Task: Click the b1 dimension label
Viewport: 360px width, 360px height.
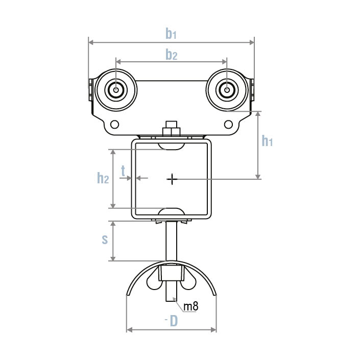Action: pyautogui.click(x=171, y=34)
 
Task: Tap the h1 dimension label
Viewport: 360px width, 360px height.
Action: pyautogui.click(x=267, y=141)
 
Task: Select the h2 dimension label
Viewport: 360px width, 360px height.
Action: pyautogui.click(x=103, y=178)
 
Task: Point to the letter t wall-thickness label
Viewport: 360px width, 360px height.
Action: pyautogui.click(x=123, y=171)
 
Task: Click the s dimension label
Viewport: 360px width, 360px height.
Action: pyautogui.click(x=105, y=240)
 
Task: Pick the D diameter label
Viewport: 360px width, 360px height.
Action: pyautogui.click(x=174, y=321)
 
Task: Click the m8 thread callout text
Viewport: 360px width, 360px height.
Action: pyautogui.click(x=190, y=306)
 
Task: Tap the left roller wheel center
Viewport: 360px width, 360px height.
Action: pyautogui.click(x=116, y=91)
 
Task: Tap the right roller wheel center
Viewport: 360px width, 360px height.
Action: pyautogui.click(x=226, y=91)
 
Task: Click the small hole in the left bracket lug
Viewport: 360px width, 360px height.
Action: pyautogui.click(x=114, y=124)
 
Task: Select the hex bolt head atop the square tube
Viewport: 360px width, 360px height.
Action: pyautogui.click(x=172, y=128)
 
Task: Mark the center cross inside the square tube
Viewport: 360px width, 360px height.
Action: pyautogui.click(x=172, y=179)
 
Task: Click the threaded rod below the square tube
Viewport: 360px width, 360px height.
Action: pyautogui.click(x=172, y=243)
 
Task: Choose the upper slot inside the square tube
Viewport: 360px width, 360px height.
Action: pyautogui.click(x=172, y=147)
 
